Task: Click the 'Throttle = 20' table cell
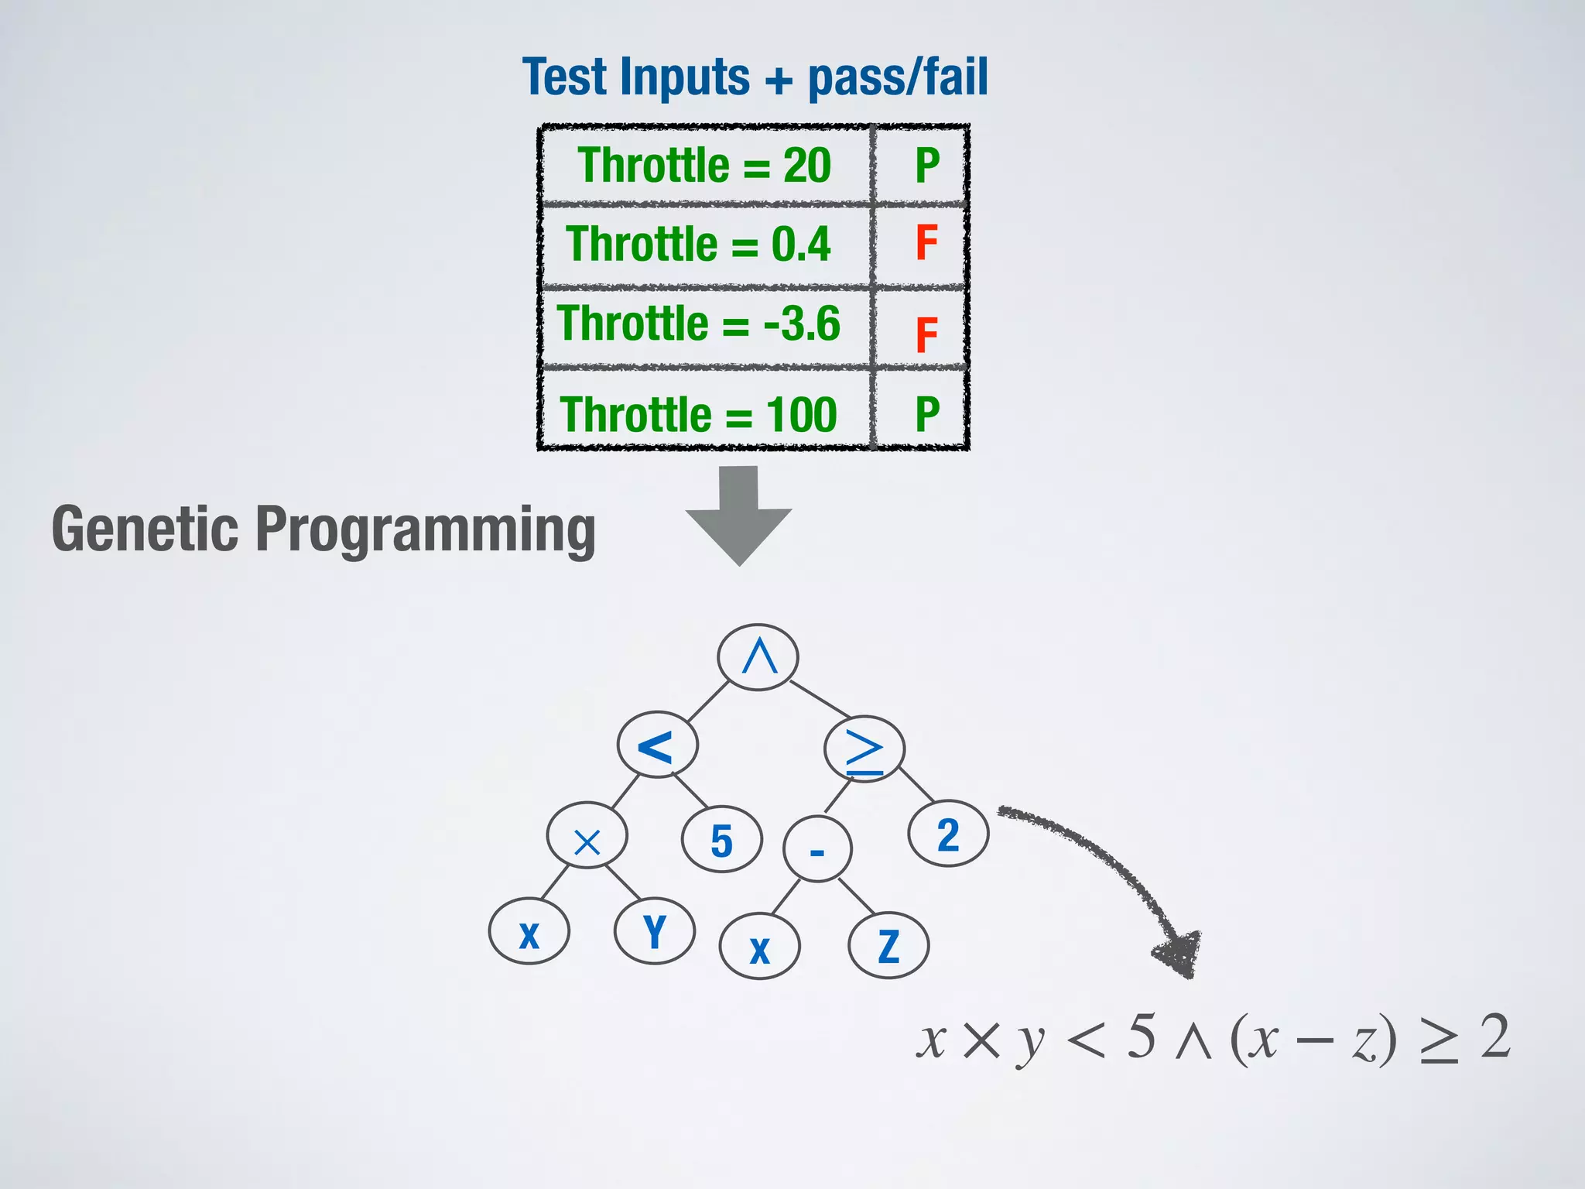click(704, 166)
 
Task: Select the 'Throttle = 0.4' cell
click(698, 245)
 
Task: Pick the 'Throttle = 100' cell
click(698, 415)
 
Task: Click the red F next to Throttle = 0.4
click(926, 243)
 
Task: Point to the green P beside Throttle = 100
click(926, 415)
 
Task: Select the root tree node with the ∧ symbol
click(758, 657)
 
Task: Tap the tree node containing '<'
click(657, 745)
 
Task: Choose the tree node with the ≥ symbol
click(864, 749)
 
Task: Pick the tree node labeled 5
click(721, 841)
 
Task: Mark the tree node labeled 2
click(948, 834)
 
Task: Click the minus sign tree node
click(817, 850)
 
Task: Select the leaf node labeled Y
click(654, 931)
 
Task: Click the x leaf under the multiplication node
click(529, 933)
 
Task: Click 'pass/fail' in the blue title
click(898, 77)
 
